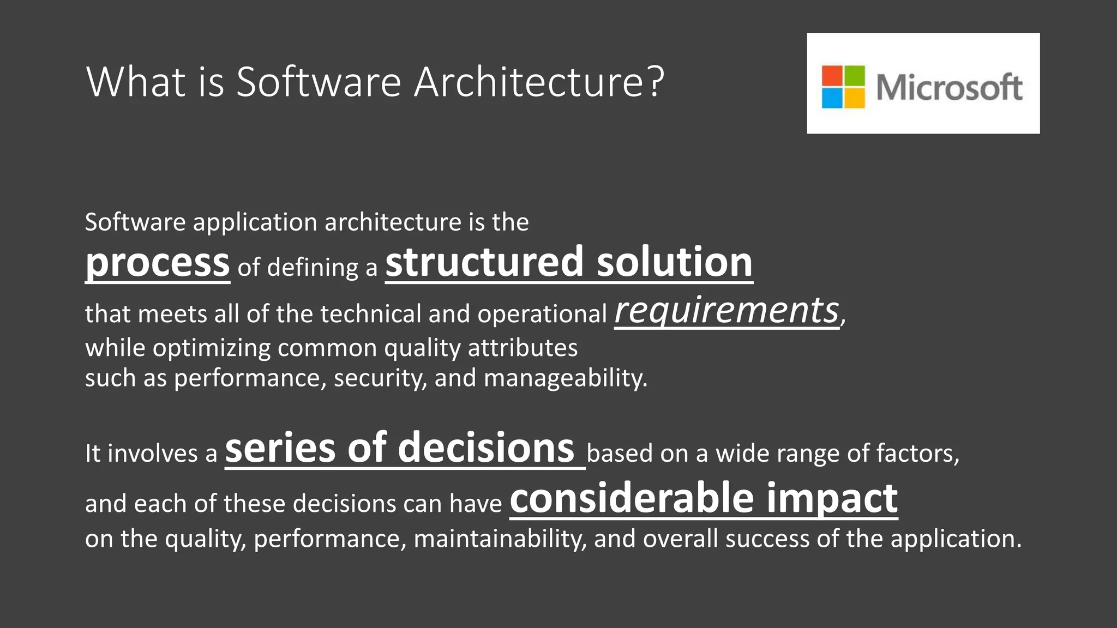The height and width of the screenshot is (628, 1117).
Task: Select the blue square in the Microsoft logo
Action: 832,98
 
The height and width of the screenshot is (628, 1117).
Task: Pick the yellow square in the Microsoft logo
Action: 855,98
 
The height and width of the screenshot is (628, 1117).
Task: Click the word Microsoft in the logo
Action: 949,87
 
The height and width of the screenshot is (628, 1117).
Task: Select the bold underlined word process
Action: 158,263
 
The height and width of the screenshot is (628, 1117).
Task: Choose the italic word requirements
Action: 726,311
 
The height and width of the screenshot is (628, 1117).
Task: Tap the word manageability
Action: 565,378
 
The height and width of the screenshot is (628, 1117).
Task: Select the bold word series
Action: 280,448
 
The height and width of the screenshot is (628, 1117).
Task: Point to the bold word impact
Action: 832,498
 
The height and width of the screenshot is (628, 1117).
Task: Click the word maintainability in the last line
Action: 500,539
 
